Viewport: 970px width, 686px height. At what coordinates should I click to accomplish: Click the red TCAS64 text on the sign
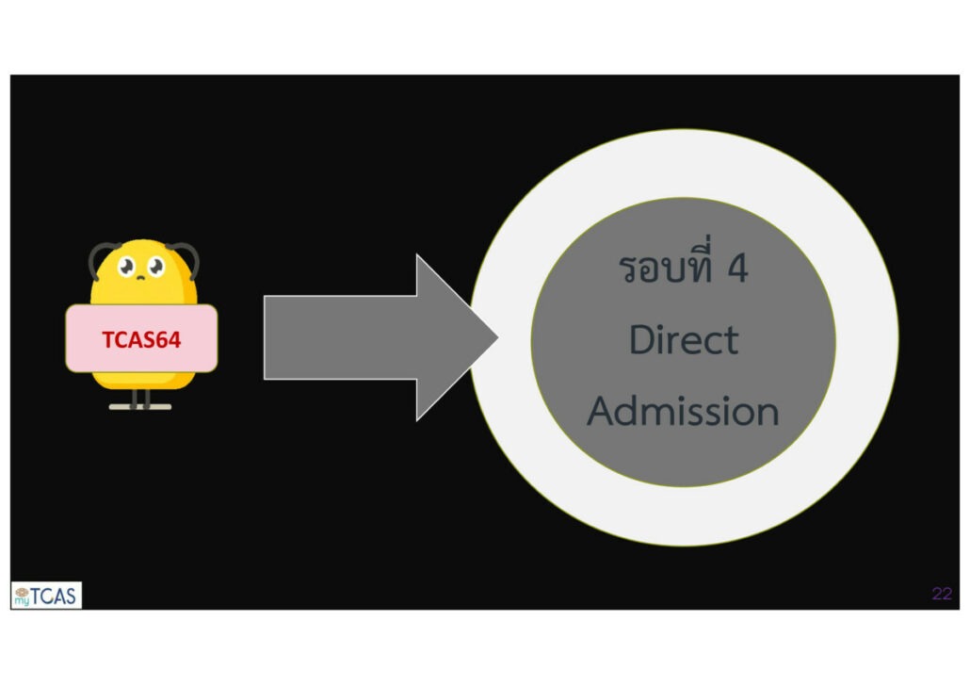point(141,339)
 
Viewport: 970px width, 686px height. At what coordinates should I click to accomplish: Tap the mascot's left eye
point(128,269)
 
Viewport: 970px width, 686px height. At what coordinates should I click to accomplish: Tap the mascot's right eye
point(155,267)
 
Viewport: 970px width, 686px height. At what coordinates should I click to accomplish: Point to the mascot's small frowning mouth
point(141,279)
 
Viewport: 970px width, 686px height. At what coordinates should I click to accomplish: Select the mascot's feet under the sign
point(140,406)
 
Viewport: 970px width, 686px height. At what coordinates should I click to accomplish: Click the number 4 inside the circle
point(737,269)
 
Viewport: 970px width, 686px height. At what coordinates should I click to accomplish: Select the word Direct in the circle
point(684,339)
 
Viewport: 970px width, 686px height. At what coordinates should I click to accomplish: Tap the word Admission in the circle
point(684,411)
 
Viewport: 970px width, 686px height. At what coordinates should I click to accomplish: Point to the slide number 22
point(941,594)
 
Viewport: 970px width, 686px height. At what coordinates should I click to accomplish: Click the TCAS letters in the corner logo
point(57,595)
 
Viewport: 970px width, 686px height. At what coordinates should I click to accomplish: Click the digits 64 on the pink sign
point(168,339)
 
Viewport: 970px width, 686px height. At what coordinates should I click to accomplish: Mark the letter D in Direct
point(641,339)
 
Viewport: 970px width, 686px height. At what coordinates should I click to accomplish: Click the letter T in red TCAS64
point(108,339)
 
